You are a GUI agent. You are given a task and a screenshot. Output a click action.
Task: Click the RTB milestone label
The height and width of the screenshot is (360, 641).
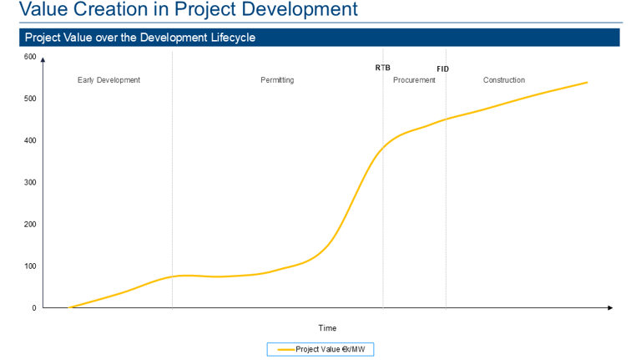382,68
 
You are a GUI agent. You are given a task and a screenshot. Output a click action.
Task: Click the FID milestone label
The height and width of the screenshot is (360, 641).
442,68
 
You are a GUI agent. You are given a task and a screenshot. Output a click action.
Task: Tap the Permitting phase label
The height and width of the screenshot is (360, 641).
277,80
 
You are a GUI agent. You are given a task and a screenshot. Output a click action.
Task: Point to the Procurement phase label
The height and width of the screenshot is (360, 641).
414,80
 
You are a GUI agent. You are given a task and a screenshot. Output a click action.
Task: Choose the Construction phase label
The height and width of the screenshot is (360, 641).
504,80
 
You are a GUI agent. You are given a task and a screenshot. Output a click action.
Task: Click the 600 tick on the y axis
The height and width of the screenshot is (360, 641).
30,57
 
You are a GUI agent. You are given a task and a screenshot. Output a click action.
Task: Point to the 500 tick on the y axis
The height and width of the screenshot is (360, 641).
30,99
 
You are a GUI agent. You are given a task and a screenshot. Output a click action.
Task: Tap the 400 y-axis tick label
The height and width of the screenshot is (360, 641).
30,140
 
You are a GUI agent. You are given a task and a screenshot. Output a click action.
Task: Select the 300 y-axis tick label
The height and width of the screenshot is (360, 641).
30,182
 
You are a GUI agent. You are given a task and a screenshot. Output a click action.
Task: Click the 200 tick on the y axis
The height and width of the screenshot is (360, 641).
30,224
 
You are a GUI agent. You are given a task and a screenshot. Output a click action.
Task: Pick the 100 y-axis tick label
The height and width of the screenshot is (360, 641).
30,266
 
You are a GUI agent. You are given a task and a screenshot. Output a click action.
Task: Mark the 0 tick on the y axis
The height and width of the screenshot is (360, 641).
34,308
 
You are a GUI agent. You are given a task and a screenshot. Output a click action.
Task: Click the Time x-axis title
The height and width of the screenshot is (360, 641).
327,328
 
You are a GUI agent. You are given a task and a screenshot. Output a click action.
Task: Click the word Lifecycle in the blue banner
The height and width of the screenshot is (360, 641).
230,38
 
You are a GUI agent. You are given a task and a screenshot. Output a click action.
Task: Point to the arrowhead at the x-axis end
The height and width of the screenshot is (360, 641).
610,308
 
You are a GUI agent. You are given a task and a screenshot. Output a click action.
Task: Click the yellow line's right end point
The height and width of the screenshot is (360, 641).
588,82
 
